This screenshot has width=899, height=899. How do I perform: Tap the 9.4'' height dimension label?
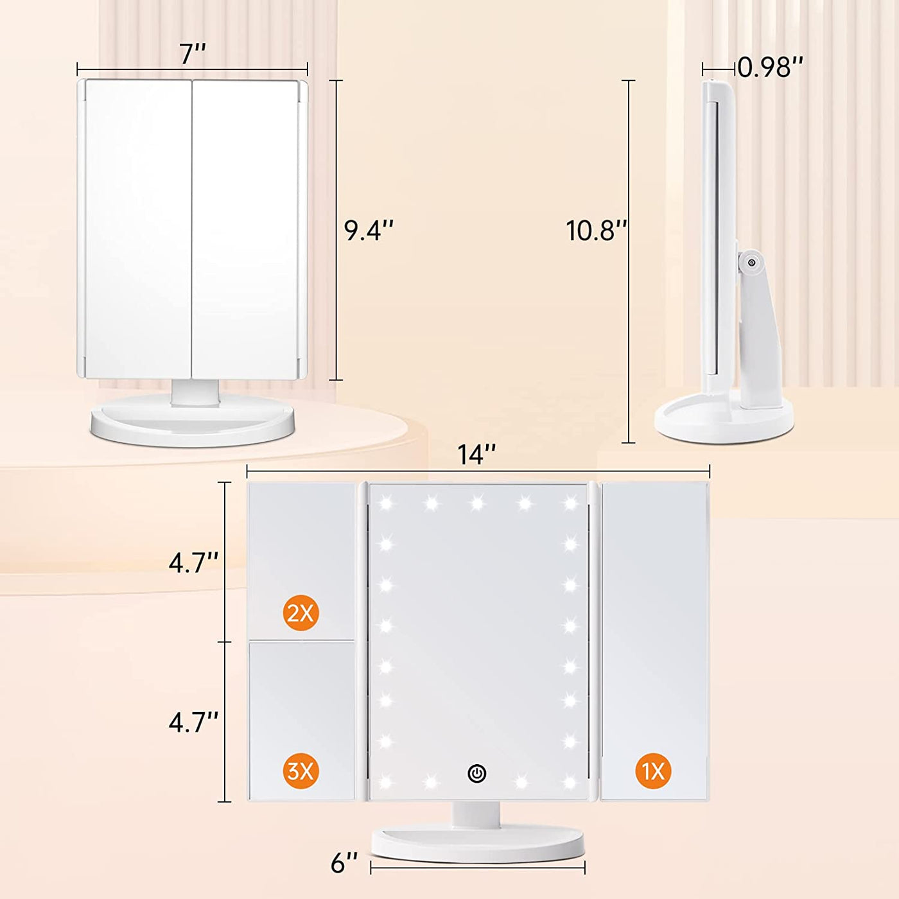coord(369,231)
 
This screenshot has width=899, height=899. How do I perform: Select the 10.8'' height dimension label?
coord(595,231)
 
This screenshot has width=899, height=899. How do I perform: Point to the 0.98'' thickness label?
coord(770,67)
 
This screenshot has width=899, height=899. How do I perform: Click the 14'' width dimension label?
coord(476,455)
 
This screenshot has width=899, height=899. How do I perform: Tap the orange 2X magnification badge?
coord(301,613)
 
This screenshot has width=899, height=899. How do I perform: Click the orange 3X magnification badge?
coord(301,771)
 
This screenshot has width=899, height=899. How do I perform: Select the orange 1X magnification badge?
coord(654,771)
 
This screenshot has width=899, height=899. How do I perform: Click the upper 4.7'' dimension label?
coord(193,563)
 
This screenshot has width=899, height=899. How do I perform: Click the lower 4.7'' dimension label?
coord(193,722)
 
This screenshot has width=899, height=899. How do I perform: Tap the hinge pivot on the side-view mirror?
coord(750,261)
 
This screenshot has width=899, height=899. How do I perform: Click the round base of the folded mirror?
coord(193,424)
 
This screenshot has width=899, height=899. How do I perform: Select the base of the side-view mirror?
coord(724,421)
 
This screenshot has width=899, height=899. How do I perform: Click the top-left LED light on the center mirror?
coord(386,503)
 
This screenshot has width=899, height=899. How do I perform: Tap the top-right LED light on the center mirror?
coord(570,503)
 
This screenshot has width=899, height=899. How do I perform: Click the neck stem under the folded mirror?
coord(195,392)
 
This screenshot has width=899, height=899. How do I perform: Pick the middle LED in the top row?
coord(477,503)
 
